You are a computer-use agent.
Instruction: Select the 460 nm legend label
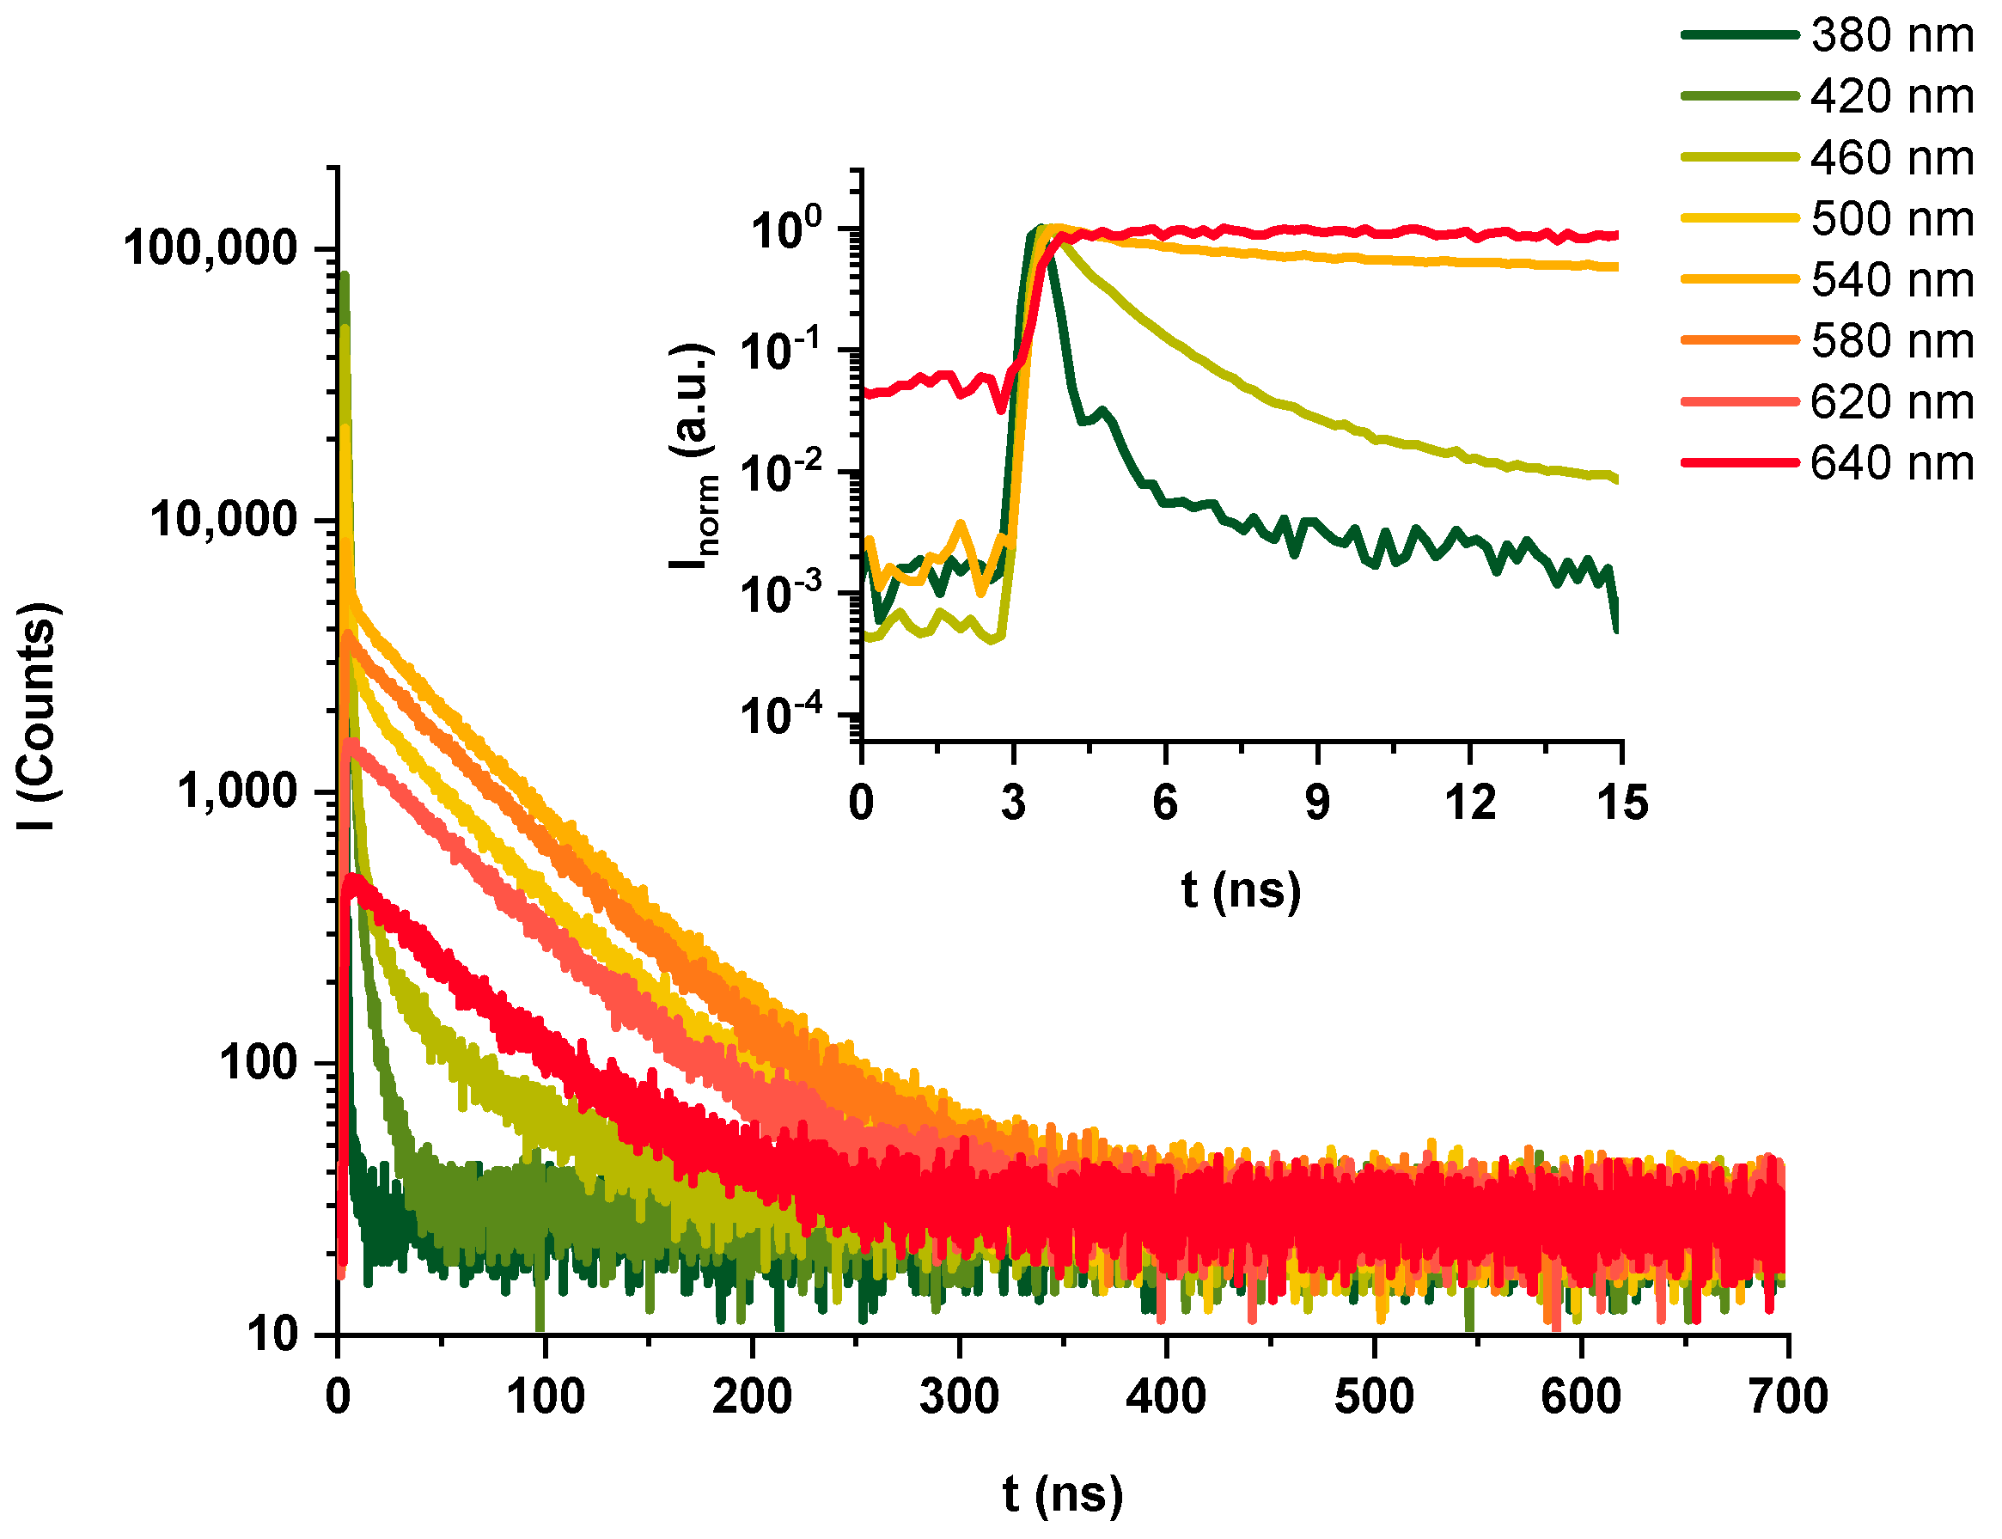(1890, 157)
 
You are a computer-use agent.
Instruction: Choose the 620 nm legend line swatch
(1739, 401)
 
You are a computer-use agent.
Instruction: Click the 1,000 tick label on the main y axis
(237, 791)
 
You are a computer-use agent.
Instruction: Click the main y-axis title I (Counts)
(39, 716)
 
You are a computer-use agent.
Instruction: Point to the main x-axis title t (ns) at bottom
(1061, 1495)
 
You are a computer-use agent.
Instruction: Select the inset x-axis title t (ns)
(1240, 890)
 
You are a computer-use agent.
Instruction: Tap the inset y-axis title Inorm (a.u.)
(693, 455)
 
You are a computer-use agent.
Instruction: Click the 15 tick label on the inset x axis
(1621, 803)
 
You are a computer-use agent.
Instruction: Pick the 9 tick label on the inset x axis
(1316, 803)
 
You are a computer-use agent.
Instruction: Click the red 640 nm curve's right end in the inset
(1615, 235)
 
